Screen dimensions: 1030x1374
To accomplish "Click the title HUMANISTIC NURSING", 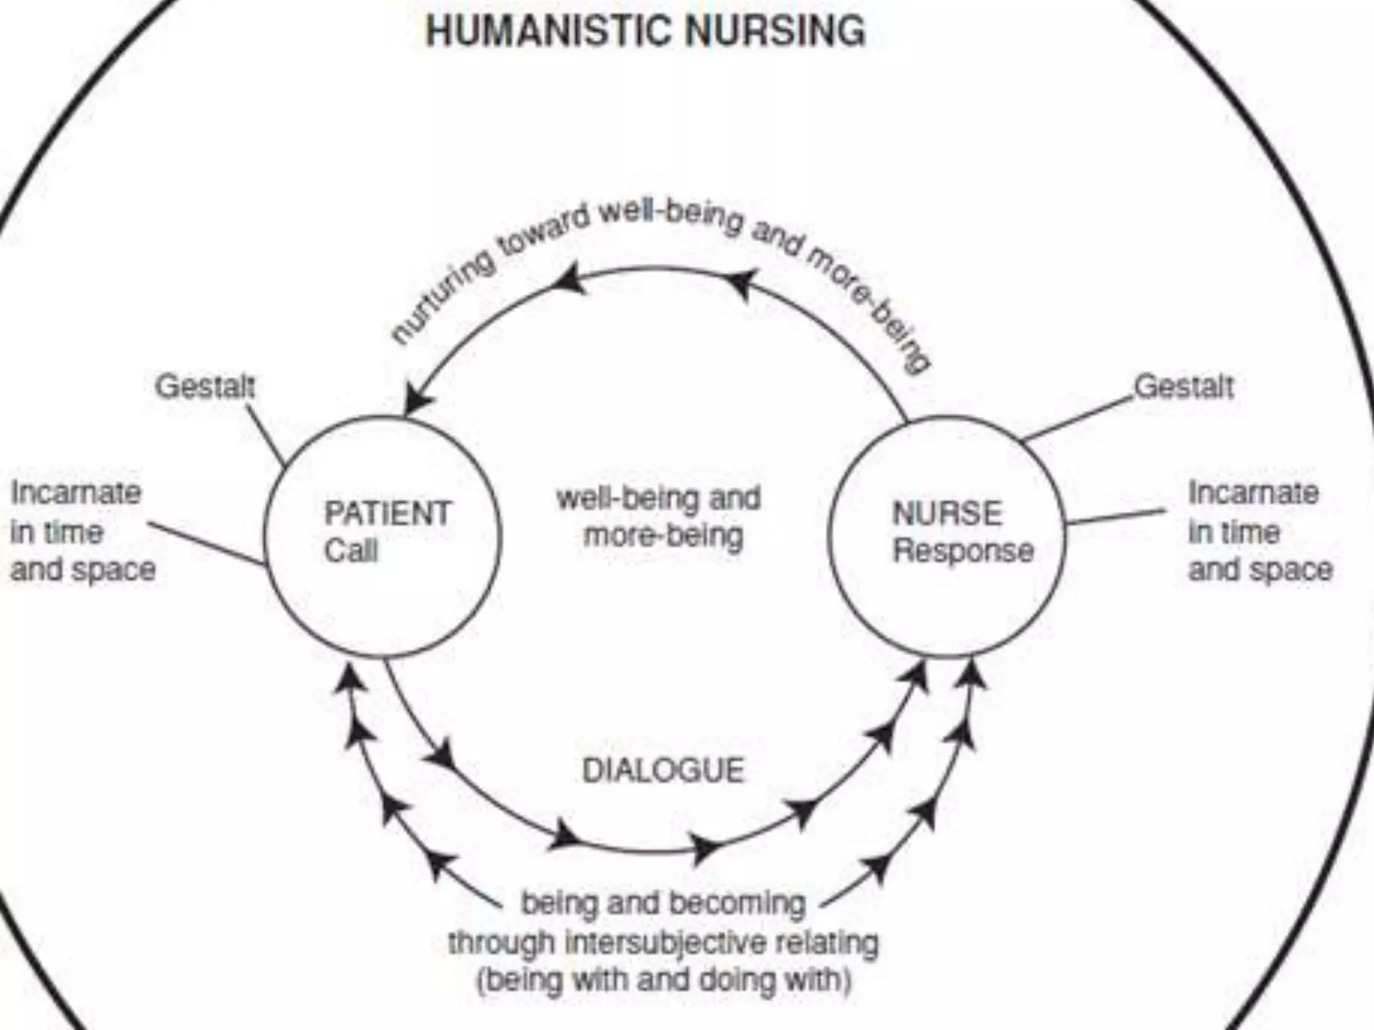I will [x=645, y=31].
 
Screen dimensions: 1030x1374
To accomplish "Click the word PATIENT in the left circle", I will [x=387, y=514].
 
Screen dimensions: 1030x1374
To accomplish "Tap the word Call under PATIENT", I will [x=351, y=551].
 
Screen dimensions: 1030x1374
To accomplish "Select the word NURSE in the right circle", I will [x=947, y=514].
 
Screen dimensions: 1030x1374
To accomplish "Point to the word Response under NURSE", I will [x=963, y=551].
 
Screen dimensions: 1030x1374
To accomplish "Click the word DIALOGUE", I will [x=663, y=770].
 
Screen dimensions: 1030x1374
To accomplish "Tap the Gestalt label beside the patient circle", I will [x=205, y=387].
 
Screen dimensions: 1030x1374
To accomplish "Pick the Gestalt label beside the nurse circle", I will [x=1183, y=387].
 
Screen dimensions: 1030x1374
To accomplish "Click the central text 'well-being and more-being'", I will [x=659, y=517].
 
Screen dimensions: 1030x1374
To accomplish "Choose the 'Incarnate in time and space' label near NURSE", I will [x=1259, y=531].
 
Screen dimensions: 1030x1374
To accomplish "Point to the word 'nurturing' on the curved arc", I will [x=443, y=300].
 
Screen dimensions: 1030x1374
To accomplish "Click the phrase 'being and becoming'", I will [x=664, y=903].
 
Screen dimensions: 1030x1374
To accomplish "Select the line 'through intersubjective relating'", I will [x=663, y=942].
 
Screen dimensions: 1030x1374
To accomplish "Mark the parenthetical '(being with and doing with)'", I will [x=664, y=980].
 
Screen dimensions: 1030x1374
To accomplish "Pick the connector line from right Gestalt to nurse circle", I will [x=1077, y=420].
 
